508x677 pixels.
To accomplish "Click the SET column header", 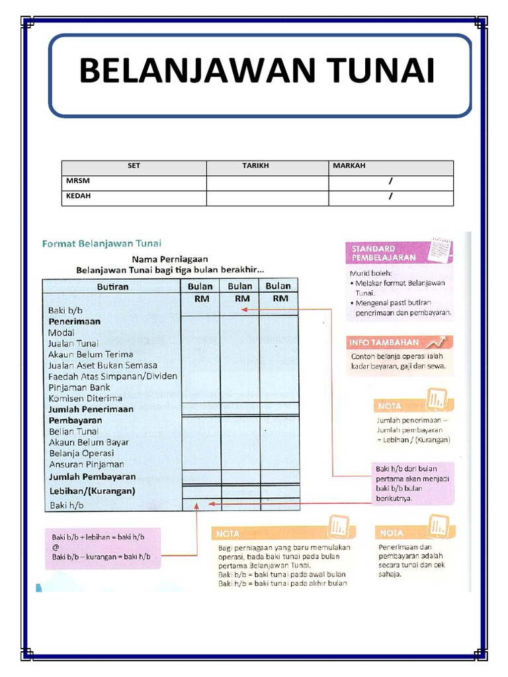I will [134, 167].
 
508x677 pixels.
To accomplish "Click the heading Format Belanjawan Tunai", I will [102, 243].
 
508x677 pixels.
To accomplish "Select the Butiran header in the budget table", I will [112, 286].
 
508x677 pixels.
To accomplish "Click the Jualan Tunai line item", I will [73, 343].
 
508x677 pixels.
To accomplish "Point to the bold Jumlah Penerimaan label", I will [91, 409].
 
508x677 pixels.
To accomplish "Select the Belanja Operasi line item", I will [81, 454].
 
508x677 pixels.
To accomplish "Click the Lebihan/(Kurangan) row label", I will [92, 491].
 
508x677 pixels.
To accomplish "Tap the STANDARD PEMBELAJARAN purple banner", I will [382, 253].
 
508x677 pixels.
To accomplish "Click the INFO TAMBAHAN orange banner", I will [384, 342].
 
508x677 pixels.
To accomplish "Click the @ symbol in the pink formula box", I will [56, 547].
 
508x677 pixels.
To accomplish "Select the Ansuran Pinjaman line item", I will [86, 464].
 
